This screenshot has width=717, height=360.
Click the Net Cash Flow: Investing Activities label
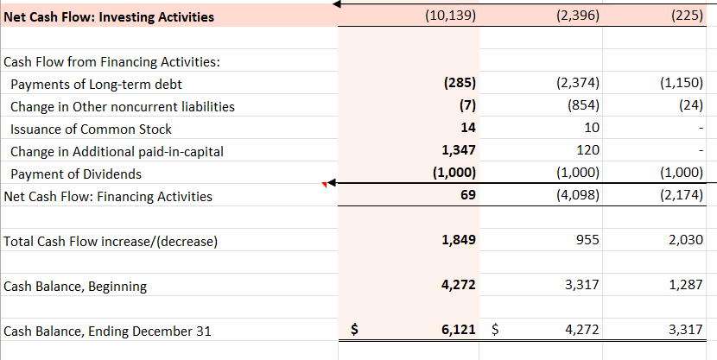pyautogui.click(x=110, y=17)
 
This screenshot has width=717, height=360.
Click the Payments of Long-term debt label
pyautogui.click(x=96, y=84)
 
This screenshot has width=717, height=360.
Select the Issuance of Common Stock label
pyautogui.click(x=91, y=129)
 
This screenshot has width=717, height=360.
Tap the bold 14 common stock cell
pyautogui.click(x=469, y=129)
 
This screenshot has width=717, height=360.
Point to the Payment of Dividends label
pyautogui.click(x=76, y=174)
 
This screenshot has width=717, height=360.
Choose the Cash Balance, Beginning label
pyautogui.click(x=76, y=286)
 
